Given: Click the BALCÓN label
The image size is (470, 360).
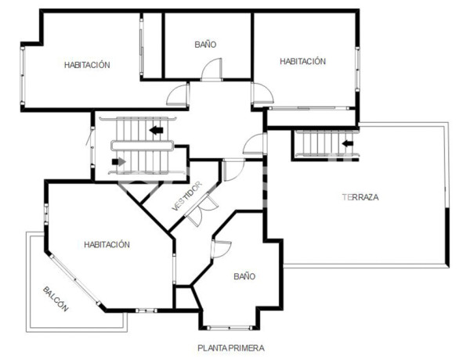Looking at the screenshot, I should pos(56,298).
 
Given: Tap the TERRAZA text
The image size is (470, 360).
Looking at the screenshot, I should pos(360,197).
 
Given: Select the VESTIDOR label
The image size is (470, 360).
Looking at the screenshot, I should pos(187,198).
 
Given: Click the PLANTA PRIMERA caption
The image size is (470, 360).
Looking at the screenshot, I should pos(231,347).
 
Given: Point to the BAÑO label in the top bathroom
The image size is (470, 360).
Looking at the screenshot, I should pos(205,45).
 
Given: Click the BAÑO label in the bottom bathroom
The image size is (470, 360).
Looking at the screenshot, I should pos(244,276).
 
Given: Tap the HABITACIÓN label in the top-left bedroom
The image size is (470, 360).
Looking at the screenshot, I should pos(87,65).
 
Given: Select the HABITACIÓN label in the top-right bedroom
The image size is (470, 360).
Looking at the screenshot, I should pos(302,61).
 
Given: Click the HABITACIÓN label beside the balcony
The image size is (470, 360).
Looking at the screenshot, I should pos(107,245).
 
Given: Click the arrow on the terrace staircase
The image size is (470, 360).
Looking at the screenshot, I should pos(349,143).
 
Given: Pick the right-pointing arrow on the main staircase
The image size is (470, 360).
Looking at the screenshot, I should pos(119,162).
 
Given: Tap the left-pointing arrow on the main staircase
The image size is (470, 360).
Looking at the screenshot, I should pos(157,130).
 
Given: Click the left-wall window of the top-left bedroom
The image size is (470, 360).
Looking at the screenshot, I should pos(23,71).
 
